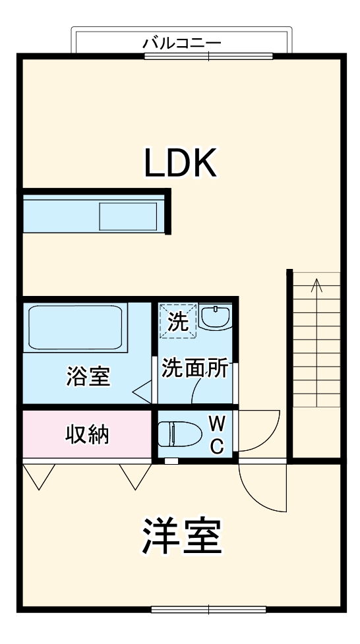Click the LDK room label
point(181,163)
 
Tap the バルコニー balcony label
point(182,43)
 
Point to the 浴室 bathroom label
point(88,376)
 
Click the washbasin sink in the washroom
point(216,317)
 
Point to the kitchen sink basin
point(128,216)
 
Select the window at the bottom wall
point(208,608)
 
